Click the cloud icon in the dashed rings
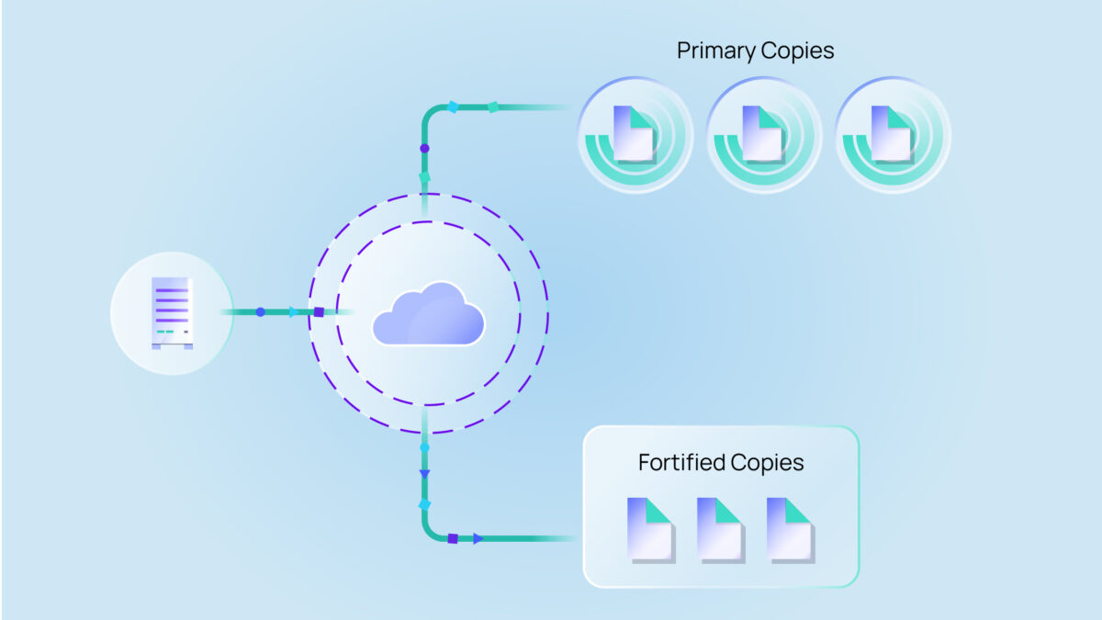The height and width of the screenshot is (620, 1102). pos(428,314)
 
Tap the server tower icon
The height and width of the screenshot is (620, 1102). pos(172,313)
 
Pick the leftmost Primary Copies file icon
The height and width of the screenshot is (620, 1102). pos(634,134)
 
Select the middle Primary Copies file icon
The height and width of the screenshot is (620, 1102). pos(762,134)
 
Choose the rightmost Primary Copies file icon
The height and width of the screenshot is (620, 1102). pos(891,134)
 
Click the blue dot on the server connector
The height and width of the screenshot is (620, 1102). pos(260,312)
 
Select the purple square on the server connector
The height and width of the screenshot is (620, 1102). pos(319,312)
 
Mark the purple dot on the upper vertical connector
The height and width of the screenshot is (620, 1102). pos(424,148)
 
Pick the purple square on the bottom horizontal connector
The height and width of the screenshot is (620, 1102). pos(453,538)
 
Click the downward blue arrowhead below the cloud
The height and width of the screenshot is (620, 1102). pos(424,474)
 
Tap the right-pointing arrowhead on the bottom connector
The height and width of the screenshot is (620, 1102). pos(478,538)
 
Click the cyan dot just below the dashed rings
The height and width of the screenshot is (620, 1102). pos(424,447)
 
